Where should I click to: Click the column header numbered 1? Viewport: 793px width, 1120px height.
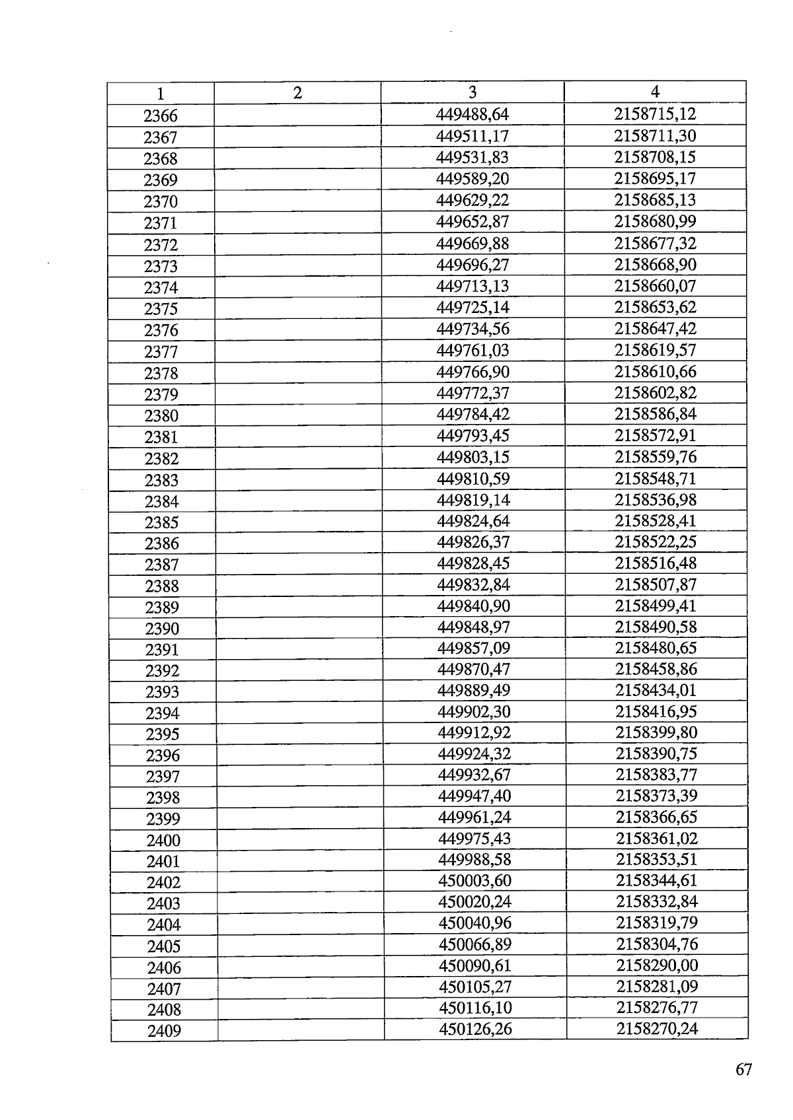(x=161, y=94)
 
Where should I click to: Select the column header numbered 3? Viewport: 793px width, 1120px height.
(x=472, y=92)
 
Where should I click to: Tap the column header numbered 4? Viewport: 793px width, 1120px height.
(x=655, y=92)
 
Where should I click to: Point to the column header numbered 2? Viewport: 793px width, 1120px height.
(x=297, y=93)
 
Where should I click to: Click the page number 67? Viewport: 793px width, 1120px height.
(x=743, y=1069)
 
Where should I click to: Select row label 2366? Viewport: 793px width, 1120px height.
(x=161, y=116)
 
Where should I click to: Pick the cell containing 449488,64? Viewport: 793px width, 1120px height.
(x=472, y=114)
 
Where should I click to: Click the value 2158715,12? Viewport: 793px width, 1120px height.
(x=655, y=114)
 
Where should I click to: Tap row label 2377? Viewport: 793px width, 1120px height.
(x=161, y=352)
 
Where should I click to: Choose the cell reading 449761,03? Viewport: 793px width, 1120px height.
(x=473, y=350)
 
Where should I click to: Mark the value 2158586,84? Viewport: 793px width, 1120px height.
(x=656, y=414)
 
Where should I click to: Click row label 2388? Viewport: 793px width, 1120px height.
(x=162, y=586)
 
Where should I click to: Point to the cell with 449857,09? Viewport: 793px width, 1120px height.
(x=474, y=648)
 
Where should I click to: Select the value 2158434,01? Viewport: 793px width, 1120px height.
(x=656, y=690)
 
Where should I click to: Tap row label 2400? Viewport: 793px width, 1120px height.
(x=163, y=841)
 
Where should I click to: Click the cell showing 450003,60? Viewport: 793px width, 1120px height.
(x=474, y=880)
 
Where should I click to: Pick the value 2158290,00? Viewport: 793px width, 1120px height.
(x=657, y=965)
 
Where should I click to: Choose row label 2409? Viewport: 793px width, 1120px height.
(x=164, y=1031)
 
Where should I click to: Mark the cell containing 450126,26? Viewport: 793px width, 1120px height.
(x=475, y=1029)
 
